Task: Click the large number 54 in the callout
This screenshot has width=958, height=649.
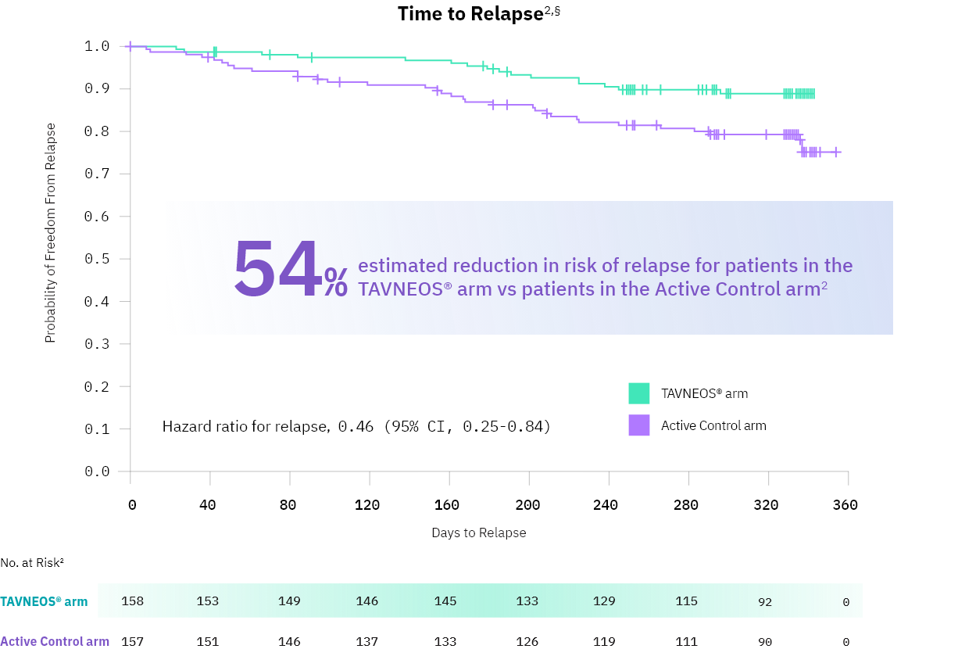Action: pyautogui.click(x=277, y=270)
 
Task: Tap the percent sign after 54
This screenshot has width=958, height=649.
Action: pyautogui.click(x=336, y=282)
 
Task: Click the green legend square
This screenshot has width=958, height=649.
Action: pyautogui.click(x=639, y=393)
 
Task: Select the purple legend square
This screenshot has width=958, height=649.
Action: pyautogui.click(x=639, y=425)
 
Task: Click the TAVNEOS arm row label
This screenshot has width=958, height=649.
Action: pyautogui.click(x=44, y=602)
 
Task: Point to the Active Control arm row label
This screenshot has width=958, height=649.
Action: pyautogui.click(x=55, y=642)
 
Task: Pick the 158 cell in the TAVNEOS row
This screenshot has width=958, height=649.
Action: pyautogui.click(x=133, y=601)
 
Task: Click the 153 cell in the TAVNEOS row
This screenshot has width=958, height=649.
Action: pyautogui.click(x=208, y=601)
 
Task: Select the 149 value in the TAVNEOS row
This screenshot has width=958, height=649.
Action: pyautogui.click(x=289, y=601)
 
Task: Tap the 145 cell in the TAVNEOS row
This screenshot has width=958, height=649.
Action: pyautogui.click(x=445, y=601)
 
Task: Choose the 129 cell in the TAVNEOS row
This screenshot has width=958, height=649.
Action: pyautogui.click(x=604, y=601)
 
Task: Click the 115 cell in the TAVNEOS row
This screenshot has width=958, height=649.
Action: pyautogui.click(x=686, y=601)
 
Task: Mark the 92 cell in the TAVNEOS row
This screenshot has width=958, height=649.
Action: pyautogui.click(x=765, y=602)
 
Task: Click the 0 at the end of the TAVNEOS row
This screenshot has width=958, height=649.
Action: pyautogui.click(x=846, y=602)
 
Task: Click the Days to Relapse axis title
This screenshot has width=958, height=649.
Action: pyautogui.click(x=478, y=532)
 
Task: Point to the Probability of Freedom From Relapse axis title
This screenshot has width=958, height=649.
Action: pyautogui.click(x=50, y=233)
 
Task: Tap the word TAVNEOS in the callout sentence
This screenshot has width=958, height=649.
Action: pyautogui.click(x=399, y=289)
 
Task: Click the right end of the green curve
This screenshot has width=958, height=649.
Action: pyautogui.click(x=812, y=94)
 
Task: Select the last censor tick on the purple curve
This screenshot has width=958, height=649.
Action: pyautogui.click(x=836, y=152)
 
